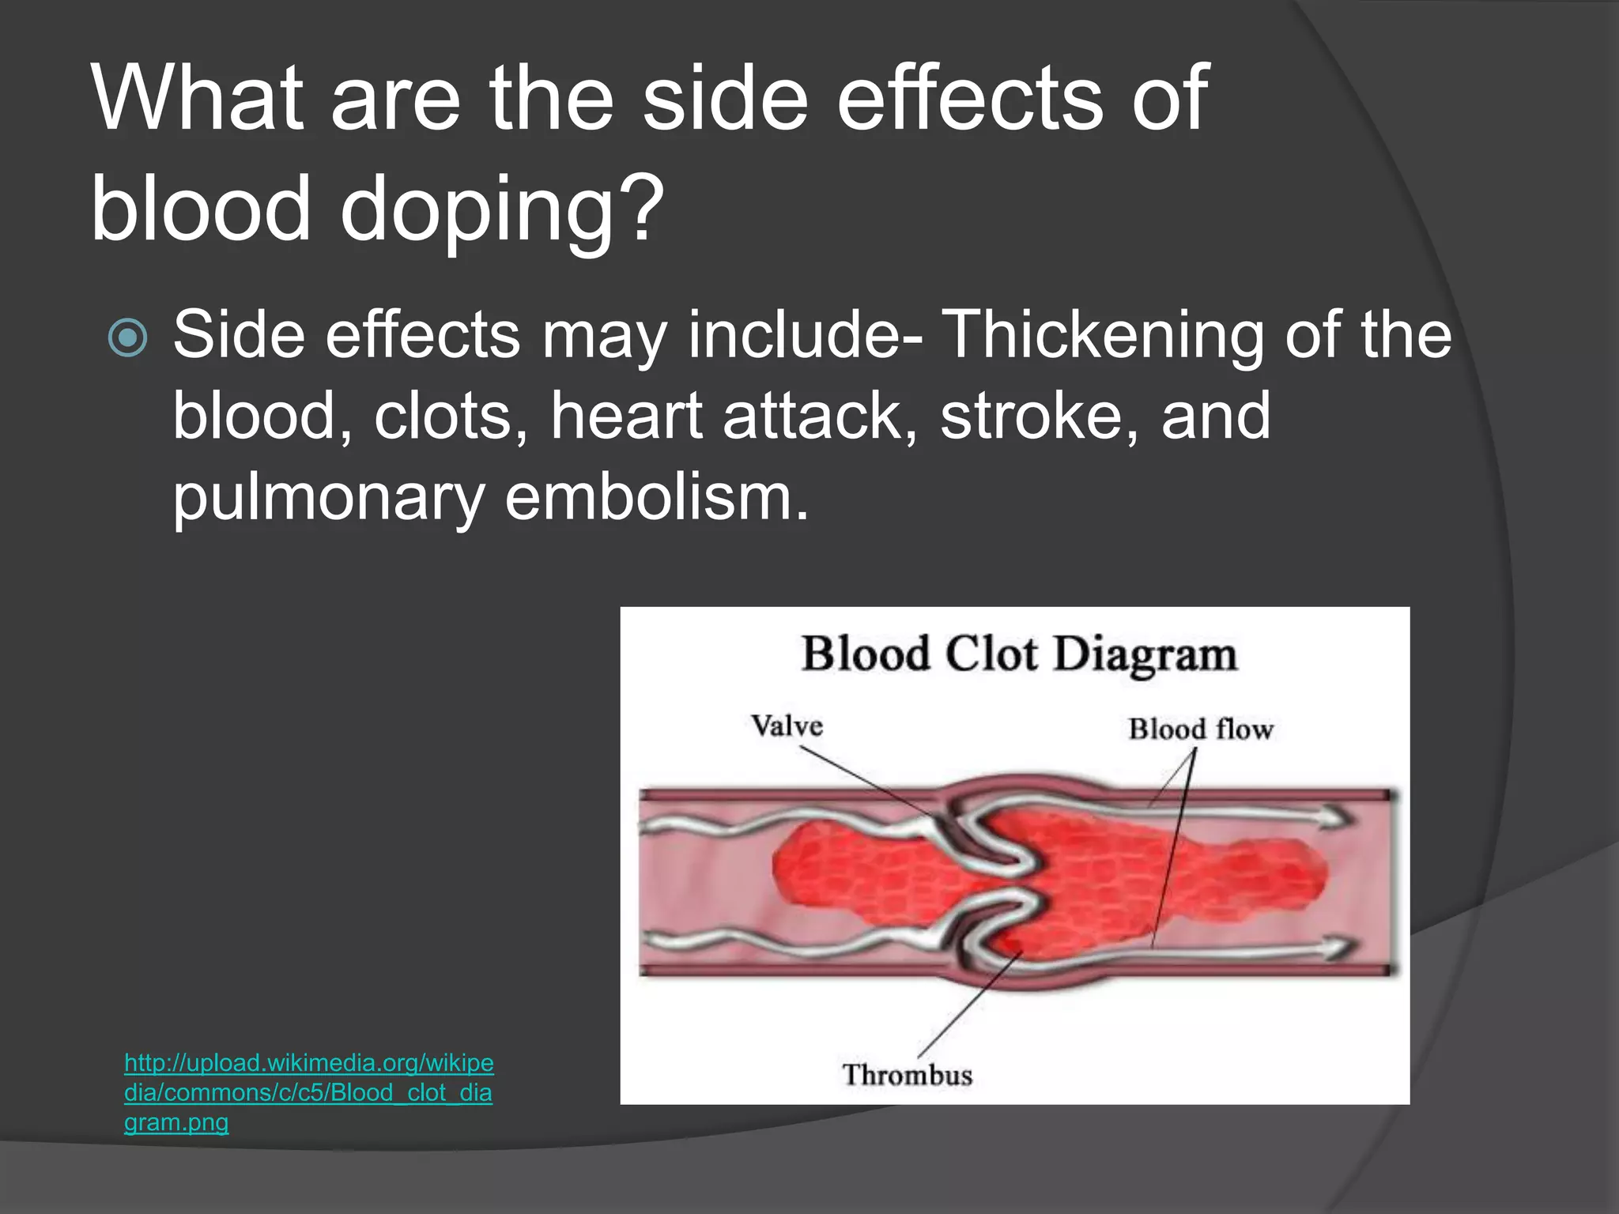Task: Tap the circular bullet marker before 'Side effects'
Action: click(x=127, y=337)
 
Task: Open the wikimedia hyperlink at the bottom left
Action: click(x=308, y=1092)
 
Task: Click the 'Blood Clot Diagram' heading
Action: click(x=1019, y=655)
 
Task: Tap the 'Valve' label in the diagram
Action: click(x=787, y=726)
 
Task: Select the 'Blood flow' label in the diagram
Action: click(x=1200, y=729)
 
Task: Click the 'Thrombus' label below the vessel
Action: click(x=907, y=1075)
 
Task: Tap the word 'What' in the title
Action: click(x=198, y=98)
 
